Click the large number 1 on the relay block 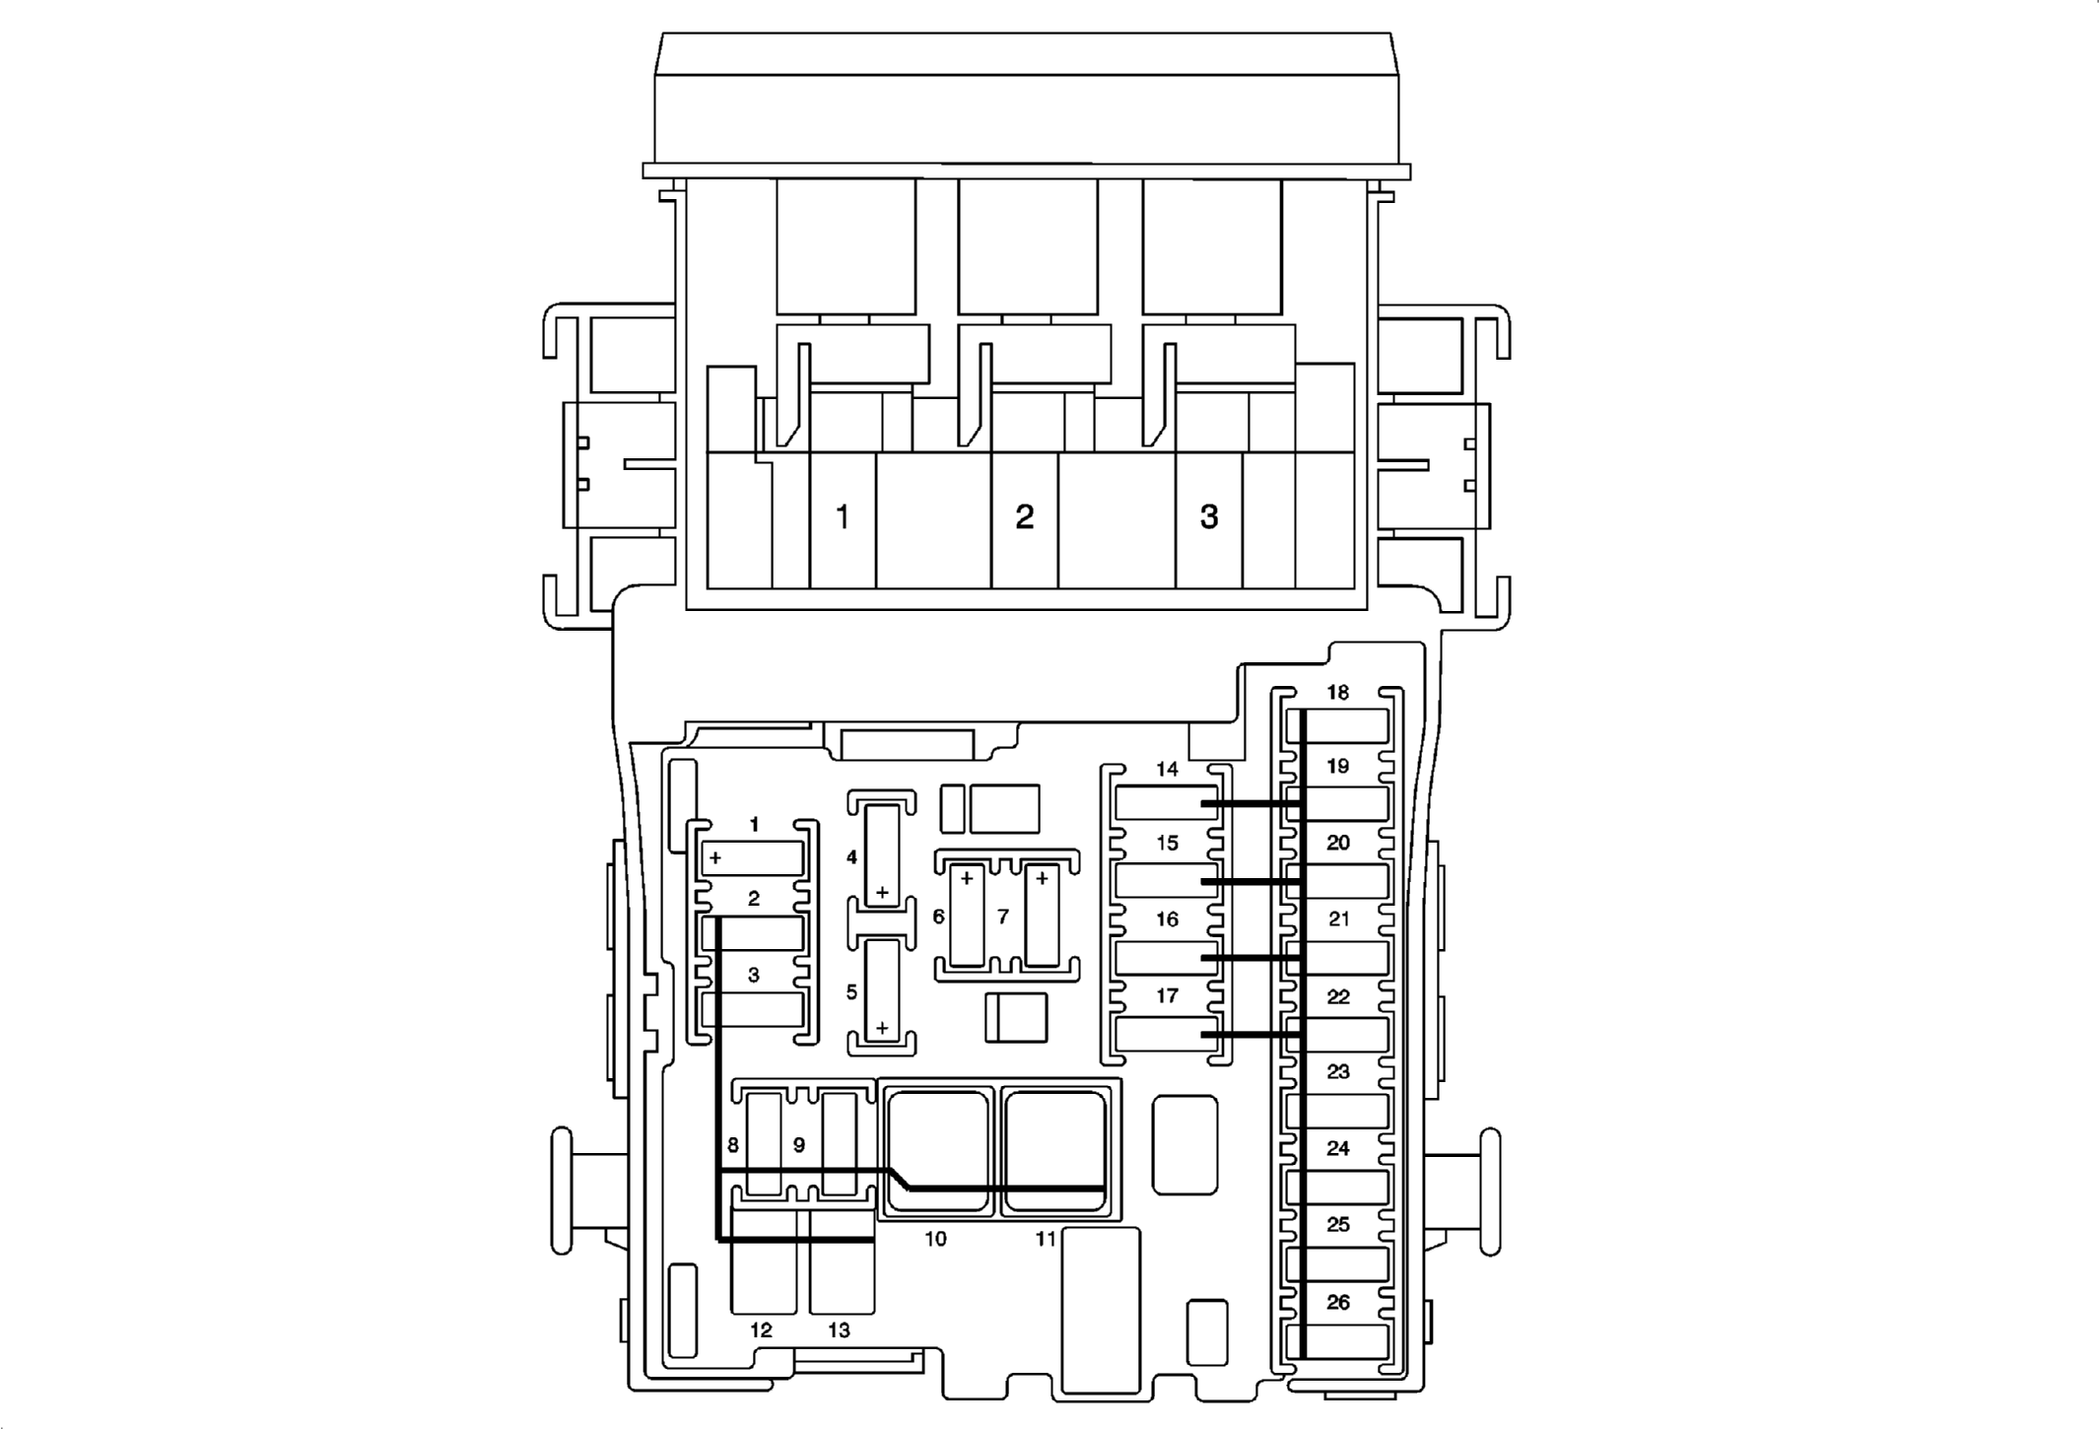point(843,516)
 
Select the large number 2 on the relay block point(1025,516)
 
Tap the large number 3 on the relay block point(1209,516)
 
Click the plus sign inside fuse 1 point(715,858)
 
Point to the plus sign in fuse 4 point(882,893)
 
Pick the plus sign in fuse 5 point(882,1028)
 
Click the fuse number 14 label point(1167,769)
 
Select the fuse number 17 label point(1167,995)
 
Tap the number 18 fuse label point(1337,692)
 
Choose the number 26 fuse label point(1337,1302)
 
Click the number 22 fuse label point(1337,996)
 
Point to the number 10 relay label point(935,1239)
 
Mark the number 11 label point(1046,1239)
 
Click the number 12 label point(761,1330)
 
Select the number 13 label point(839,1330)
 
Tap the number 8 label point(732,1145)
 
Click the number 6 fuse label point(938,917)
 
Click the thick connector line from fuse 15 point(1252,880)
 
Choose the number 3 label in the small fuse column point(754,975)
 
